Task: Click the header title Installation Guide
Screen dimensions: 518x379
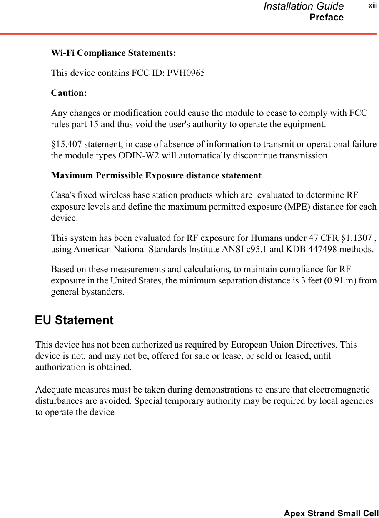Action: (x=304, y=6)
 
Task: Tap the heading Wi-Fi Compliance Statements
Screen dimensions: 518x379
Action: (x=113, y=53)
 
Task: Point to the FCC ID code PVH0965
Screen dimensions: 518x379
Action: (x=186, y=73)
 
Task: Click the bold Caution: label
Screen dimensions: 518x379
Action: (x=69, y=93)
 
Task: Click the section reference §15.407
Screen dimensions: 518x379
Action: (x=67, y=145)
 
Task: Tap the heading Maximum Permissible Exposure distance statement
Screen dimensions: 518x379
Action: (x=156, y=175)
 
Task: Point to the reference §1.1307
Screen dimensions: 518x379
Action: (x=351, y=238)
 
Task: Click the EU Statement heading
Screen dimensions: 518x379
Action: (x=74, y=320)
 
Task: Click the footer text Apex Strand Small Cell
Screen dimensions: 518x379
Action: (x=331, y=513)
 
